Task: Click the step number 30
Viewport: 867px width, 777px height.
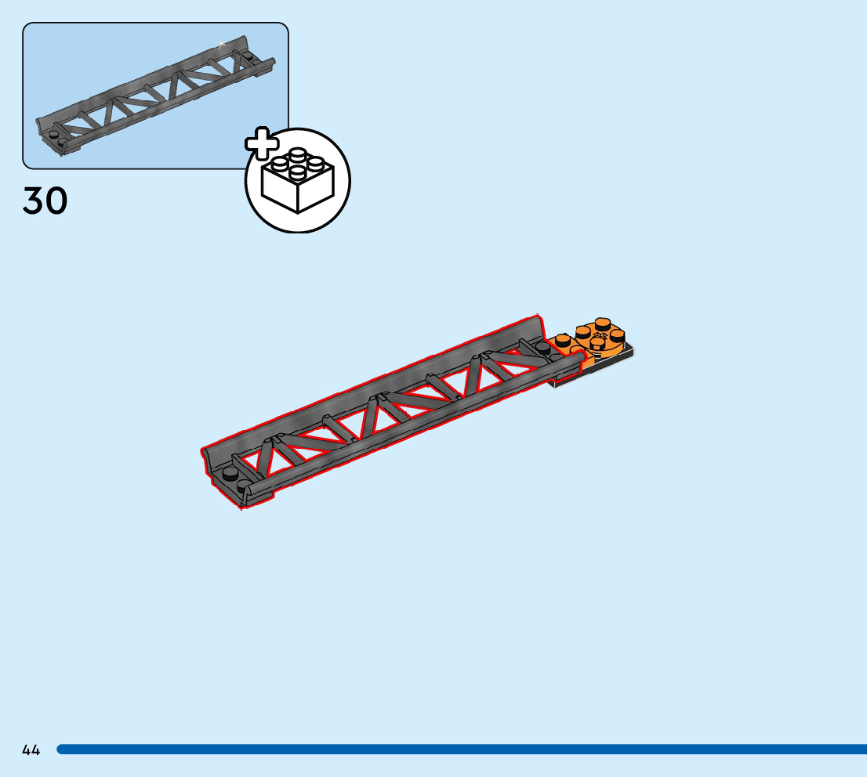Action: (45, 201)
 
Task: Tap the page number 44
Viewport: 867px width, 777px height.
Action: (31, 750)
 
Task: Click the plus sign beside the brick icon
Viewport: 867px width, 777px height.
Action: (262, 143)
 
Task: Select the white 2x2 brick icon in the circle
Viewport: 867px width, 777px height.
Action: (298, 182)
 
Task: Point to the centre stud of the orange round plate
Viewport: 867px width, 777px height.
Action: (600, 341)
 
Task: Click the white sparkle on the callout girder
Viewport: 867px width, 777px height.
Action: (222, 44)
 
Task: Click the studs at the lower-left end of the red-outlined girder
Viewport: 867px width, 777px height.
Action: (234, 478)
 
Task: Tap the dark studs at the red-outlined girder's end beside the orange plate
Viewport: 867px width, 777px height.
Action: (546, 349)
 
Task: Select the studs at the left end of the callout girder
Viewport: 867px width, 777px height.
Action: (53, 139)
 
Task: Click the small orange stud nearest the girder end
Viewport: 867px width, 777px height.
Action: (562, 341)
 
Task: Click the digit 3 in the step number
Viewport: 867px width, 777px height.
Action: (34, 201)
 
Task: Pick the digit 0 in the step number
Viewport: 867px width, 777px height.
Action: (56, 201)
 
